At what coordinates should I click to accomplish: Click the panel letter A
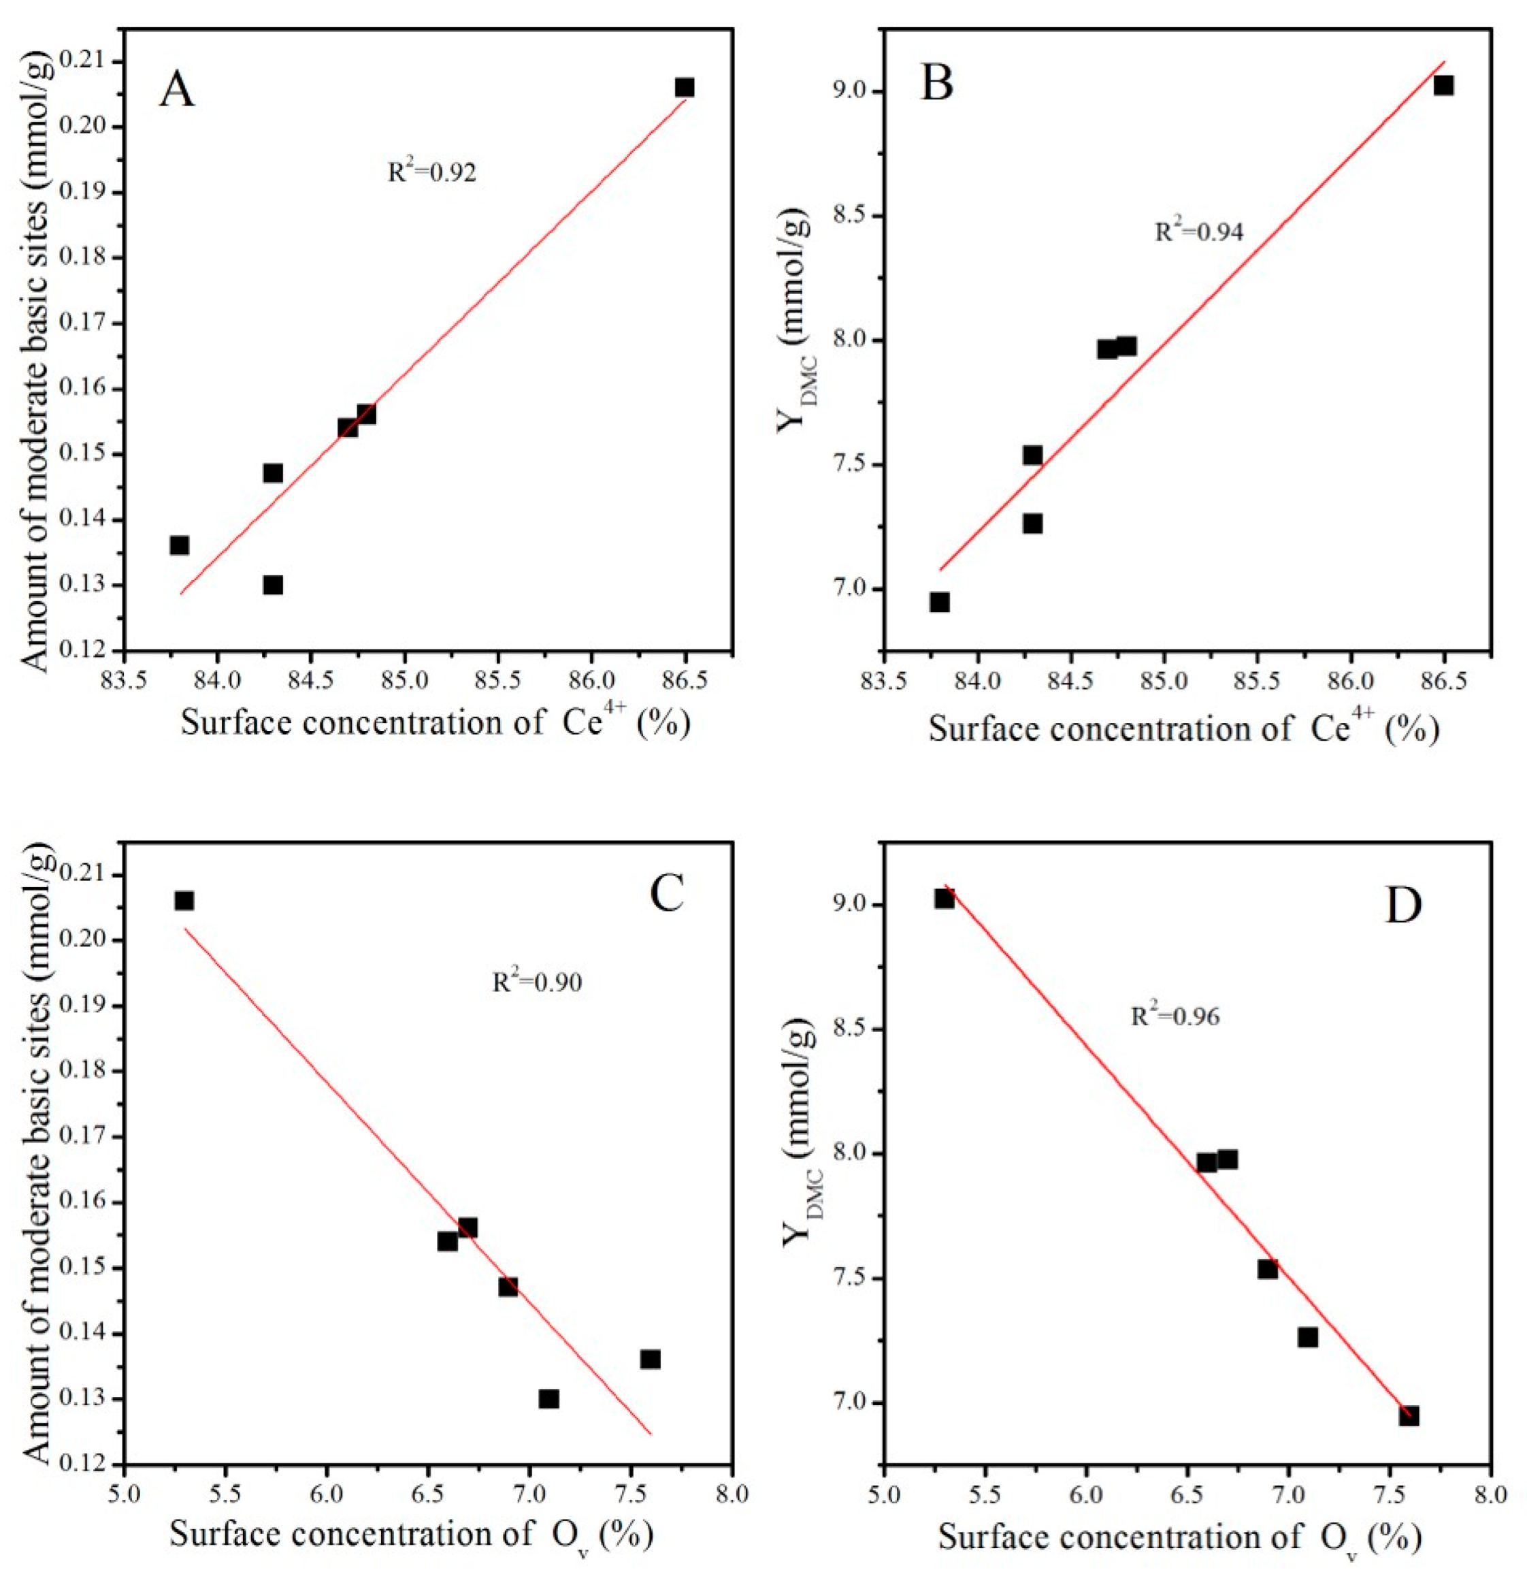tap(176, 89)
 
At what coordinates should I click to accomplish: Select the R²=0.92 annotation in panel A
tap(432, 172)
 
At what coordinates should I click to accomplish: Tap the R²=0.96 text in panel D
tap(1175, 1016)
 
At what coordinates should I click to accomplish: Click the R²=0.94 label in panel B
tap(1198, 232)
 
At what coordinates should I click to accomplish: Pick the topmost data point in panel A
tap(684, 87)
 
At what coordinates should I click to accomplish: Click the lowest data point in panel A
tap(273, 585)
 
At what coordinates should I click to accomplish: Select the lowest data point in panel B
tap(939, 602)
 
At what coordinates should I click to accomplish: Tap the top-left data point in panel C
tap(184, 900)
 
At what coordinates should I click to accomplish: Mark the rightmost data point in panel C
tap(651, 1358)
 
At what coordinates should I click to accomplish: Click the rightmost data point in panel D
tap(1409, 1415)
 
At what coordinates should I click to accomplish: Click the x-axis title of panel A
tap(436, 722)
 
